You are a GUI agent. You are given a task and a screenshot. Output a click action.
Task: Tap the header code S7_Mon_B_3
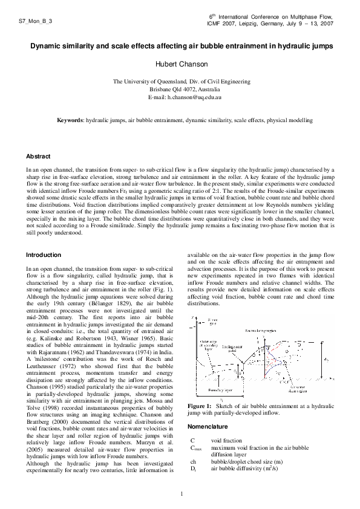pos(36,21)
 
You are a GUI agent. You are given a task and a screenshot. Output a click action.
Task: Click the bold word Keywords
pos(70,120)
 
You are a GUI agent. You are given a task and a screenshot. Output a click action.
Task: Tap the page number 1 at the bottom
pos(180,495)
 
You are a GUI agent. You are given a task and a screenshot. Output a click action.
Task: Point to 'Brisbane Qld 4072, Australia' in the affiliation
pos(180,89)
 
